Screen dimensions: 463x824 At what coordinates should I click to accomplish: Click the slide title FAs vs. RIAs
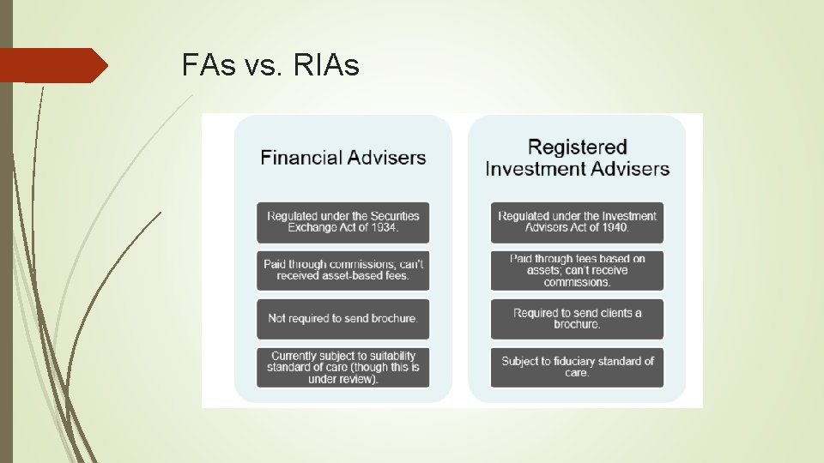point(270,65)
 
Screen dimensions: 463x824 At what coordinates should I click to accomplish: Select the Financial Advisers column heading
point(343,158)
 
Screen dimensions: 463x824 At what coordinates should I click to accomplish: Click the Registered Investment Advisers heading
point(577,158)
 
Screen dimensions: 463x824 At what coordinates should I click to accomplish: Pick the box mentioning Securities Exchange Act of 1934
point(343,222)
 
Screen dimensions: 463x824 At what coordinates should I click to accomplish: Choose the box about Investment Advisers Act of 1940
point(577,222)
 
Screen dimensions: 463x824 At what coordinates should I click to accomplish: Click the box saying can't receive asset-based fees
point(343,270)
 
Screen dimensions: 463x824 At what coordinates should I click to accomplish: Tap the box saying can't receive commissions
point(577,270)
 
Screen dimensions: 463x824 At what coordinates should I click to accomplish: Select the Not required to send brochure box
point(343,319)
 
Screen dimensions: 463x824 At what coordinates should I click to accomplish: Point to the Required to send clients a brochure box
point(577,319)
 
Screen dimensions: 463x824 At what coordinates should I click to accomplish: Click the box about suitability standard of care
point(343,367)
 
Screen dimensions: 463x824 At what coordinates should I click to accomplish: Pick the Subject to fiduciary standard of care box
point(577,367)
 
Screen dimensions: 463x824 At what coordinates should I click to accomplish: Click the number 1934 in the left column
point(381,228)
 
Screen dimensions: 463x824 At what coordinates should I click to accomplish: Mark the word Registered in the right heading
point(578,147)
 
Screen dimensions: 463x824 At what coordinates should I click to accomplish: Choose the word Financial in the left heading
point(301,158)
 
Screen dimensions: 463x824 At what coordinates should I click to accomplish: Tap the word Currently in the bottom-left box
point(295,356)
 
